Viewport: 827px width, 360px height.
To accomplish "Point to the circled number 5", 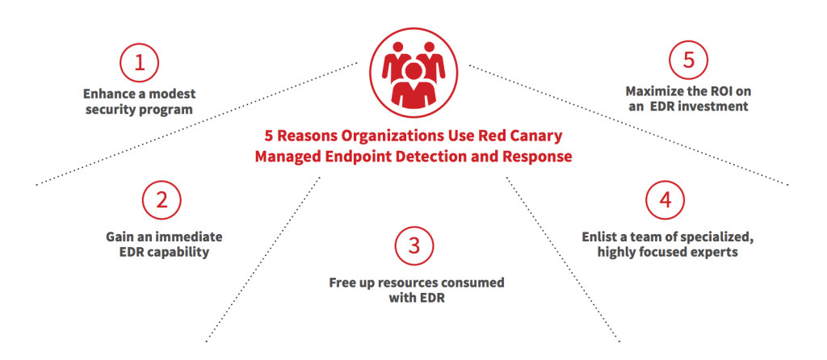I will coord(689,60).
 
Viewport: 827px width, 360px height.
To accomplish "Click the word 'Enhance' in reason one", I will coord(111,93).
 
